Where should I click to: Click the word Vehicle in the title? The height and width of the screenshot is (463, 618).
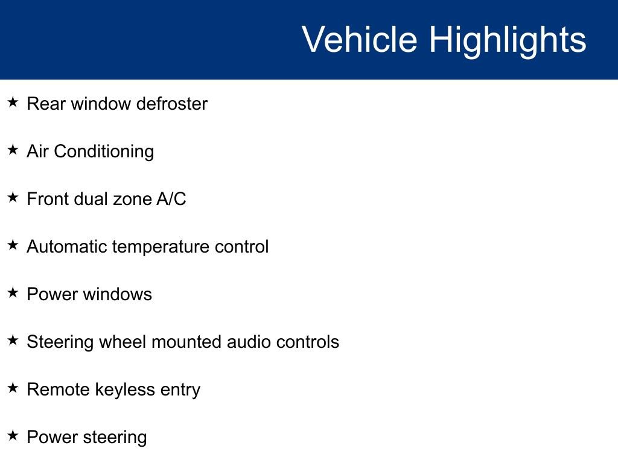[x=360, y=39]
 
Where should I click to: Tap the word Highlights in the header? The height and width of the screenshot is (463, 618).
[x=508, y=41]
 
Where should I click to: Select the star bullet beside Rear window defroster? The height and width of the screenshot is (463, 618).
[x=13, y=102]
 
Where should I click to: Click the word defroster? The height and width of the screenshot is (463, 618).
[x=172, y=104]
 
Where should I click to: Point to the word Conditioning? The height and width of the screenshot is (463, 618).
[x=104, y=151]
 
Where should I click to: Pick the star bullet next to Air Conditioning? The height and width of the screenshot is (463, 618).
[x=13, y=150]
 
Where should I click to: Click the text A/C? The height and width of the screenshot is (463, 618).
[x=171, y=199]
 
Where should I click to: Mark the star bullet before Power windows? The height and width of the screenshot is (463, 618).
[x=13, y=292]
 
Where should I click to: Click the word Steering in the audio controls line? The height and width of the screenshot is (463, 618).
[x=60, y=342]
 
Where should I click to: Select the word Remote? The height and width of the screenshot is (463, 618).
[x=59, y=389]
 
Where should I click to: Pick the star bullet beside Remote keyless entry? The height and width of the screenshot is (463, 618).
[x=13, y=388]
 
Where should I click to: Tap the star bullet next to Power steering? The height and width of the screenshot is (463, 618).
[x=13, y=435]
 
